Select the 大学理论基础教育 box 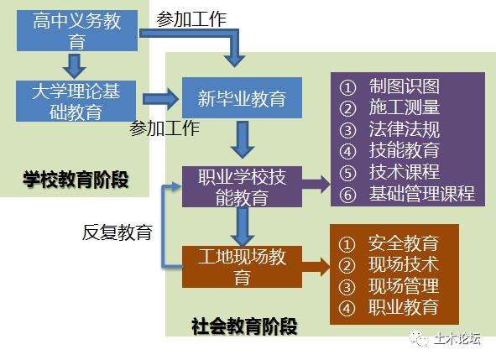77,100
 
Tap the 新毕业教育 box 242,99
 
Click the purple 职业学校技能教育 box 242,186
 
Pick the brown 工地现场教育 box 242,266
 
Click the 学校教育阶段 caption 76,178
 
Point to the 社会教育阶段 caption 244,326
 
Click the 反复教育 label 117,232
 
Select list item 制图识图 404,86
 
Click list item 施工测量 404,108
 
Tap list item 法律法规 404,130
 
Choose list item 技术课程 404,173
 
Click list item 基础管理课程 421,195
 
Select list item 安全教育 403,244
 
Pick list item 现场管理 403,286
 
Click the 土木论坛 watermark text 457,339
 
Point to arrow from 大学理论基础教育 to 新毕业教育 161,99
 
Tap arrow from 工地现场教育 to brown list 314,267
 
